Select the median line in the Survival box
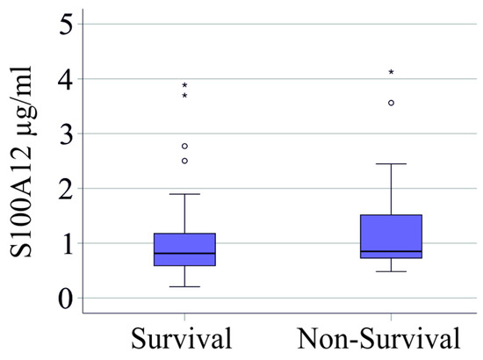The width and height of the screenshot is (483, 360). [x=184, y=253]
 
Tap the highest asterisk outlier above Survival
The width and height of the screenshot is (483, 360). [x=184, y=86]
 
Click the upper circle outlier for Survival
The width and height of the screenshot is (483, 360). [x=184, y=146]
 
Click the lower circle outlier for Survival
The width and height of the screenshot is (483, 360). [x=184, y=161]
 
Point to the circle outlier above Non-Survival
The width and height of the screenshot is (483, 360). [x=391, y=103]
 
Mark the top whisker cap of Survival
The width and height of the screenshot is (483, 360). [x=184, y=194]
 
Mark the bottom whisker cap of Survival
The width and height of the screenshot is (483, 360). [x=184, y=286]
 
